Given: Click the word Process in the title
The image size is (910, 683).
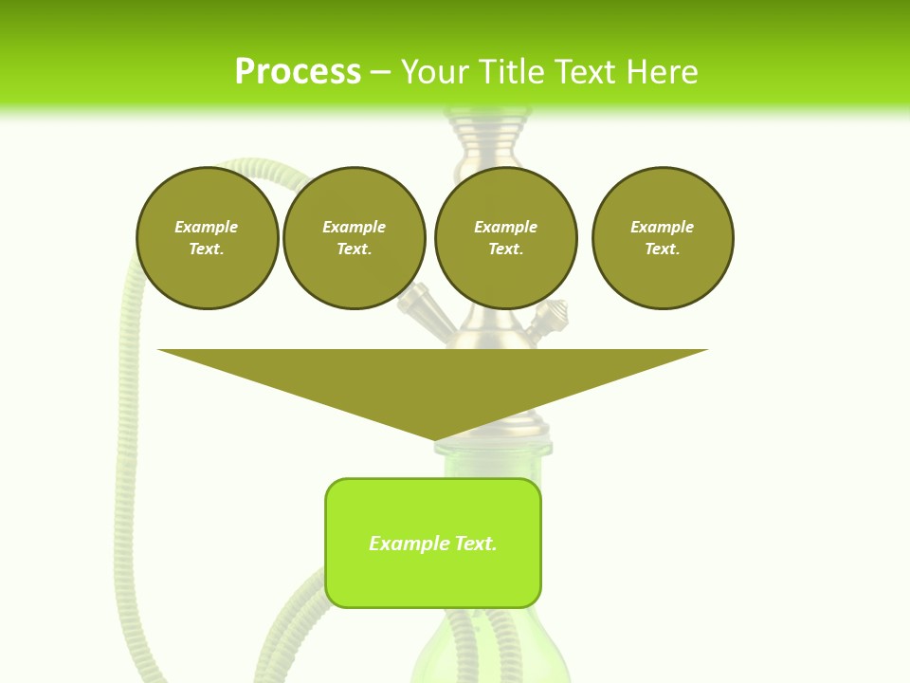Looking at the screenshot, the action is pyautogui.click(x=298, y=72).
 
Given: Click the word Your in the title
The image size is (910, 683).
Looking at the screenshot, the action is pyautogui.click(x=437, y=72).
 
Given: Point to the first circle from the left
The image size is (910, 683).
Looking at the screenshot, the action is pyautogui.click(x=207, y=238).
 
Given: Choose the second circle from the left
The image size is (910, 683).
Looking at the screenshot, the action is pyautogui.click(x=355, y=238).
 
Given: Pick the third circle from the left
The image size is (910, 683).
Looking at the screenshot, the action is pyautogui.click(x=505, y=238).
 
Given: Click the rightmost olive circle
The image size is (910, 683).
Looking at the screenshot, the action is pyautogui.click(x=663, y=238).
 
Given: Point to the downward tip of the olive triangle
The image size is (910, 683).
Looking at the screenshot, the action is pyautogui.click(x=435, y=438).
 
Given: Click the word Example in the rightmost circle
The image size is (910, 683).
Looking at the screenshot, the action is pyautogui.click(x=662, y=227).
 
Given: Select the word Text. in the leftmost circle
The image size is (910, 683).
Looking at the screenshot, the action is pyautogui.click(x=207, y=249).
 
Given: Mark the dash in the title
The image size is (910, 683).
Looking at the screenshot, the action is pyautogui.click(x=380, y=72).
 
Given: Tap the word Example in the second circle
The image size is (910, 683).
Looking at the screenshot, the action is pyautogui.click(x=355, y=227).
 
